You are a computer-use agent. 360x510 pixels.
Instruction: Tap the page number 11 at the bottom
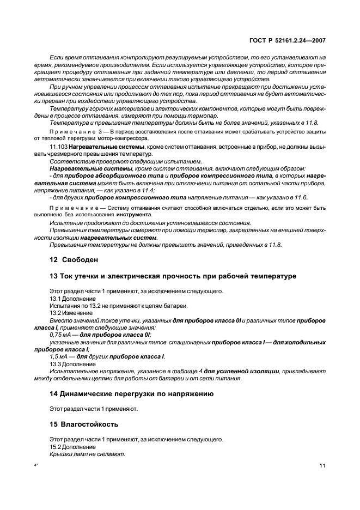pyautogui.click(x=322, y=466)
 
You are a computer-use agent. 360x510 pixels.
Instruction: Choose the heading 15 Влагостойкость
pyautogui.click(x=84, y=423)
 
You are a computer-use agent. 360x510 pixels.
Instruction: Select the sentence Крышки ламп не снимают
pyautogui.click(x=87, y=454)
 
